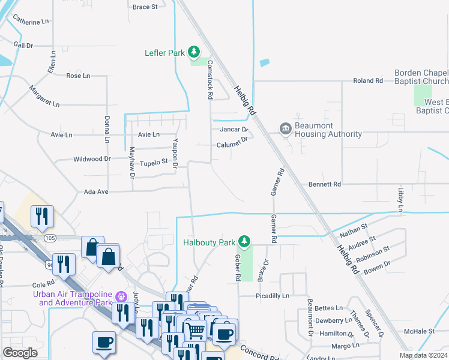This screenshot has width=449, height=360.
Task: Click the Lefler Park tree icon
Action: [194, 52]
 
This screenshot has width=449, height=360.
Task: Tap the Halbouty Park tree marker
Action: [244, 242]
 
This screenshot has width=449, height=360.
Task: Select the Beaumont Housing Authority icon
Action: [286, 128]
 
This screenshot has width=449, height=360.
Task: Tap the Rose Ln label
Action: [78, 76]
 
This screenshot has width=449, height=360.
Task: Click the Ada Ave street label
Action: [95, 191]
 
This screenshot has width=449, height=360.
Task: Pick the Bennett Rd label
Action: [324, 184]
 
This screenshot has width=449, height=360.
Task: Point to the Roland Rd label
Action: [368, 80]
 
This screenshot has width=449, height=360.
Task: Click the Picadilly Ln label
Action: [272, 296]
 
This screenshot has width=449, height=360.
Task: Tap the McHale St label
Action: [419, 331]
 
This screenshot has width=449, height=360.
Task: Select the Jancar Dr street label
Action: [234, 129]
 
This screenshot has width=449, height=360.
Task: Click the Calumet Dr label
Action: [232, 145]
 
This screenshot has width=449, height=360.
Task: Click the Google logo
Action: [20, 353]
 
